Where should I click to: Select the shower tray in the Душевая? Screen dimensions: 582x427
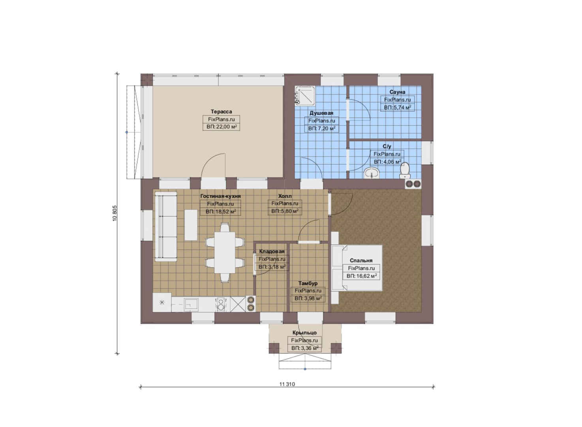tap(305, 96)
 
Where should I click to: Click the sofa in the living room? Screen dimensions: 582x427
tap(166, 227)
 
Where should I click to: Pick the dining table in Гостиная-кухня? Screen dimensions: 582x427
tap(225, 252)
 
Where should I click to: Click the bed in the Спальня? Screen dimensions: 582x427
tap(357, 268)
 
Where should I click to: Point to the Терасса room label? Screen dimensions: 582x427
tap(221, 111)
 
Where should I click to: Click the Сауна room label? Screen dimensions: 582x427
tap(397, 92)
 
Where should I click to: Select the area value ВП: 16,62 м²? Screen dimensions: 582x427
tap(362, 276)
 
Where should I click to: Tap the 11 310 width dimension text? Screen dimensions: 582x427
tap(287, 384)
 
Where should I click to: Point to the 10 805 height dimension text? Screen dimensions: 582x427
tap(115, 213)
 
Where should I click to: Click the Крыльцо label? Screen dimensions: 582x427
tap(304, 333)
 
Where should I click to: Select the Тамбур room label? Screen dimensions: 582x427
tap(308, 283)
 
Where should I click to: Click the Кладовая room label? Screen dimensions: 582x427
tap(272, 251)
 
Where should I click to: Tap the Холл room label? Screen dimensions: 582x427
tap(285, 196)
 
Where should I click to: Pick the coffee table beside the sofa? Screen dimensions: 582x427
tap(191, 225)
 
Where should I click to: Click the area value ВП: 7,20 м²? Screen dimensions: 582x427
tap(322, 128)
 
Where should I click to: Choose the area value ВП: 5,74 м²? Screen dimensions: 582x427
tap(398, 107)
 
